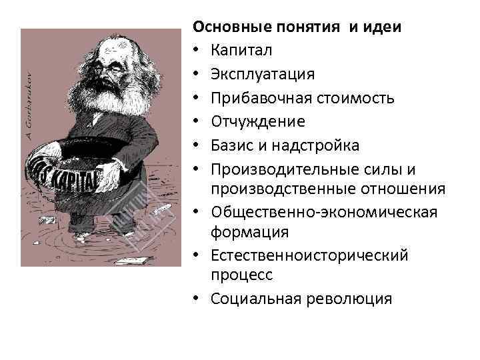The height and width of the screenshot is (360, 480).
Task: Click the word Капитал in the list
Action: pyautogui.click(x=241, y=50)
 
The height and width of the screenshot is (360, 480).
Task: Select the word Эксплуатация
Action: pyautogui.click(x=263, y=74)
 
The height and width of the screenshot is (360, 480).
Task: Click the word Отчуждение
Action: pyautogui.click(x=257, y=121)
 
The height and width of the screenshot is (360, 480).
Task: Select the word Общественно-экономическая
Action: pyautogui.click(x=324, y=212)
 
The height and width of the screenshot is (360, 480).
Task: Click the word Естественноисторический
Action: pyautogui.click(x=309, y=255)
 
